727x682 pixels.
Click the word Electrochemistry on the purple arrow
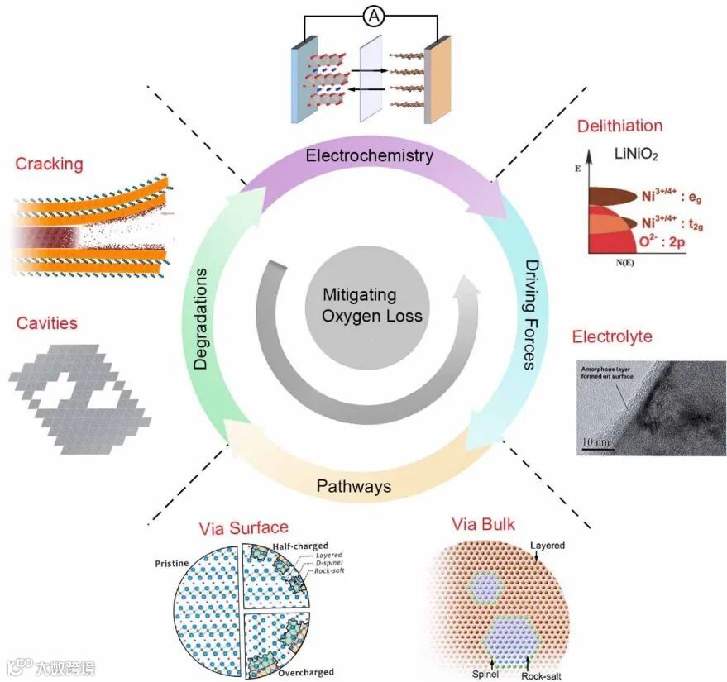pos(369,155)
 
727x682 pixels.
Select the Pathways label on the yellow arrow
pos(354,485)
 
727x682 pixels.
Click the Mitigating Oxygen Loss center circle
pos(361,305)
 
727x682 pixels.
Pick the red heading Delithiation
pos(620,126)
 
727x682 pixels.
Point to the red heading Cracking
pos(49,164)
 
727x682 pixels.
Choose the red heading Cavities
pos(46,322)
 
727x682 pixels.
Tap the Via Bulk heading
pos(484,524)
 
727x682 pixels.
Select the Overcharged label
pos(305,672)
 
